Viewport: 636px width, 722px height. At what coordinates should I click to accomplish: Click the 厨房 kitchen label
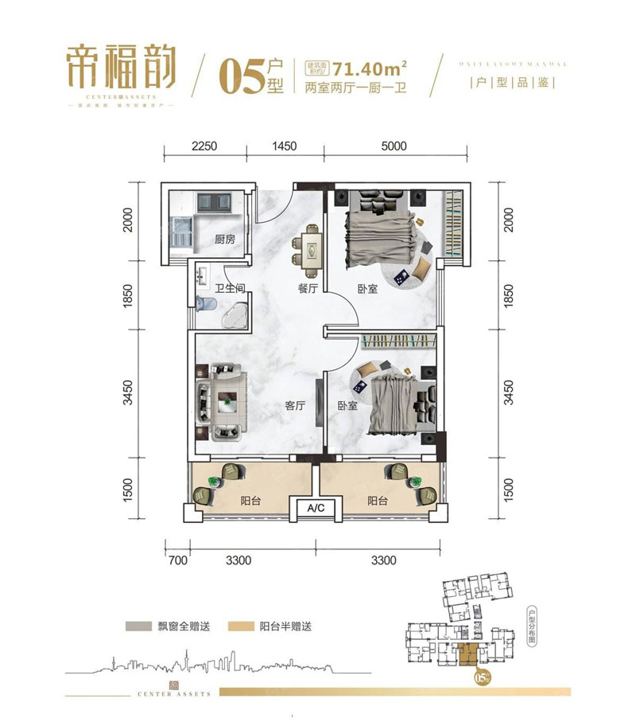225,239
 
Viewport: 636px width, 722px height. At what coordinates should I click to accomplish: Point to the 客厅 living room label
296,405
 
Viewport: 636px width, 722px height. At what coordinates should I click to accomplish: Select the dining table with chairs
308,248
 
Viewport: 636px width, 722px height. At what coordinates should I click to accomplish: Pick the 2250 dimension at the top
204,146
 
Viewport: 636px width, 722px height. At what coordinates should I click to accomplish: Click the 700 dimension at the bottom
177,560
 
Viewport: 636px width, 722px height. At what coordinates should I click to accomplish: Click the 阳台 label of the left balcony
251,501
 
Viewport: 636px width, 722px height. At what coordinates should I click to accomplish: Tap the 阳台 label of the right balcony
378,501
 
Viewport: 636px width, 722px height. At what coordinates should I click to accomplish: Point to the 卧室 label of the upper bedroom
367,290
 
